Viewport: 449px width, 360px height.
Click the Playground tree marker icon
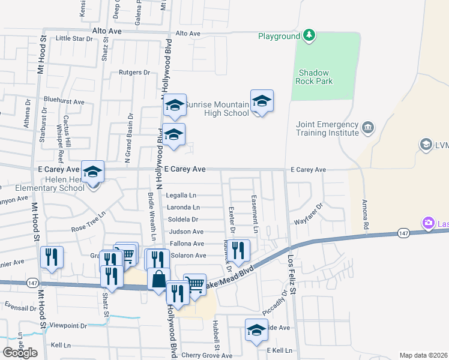(309, 36)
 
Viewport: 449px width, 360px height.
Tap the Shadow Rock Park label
(315, 77)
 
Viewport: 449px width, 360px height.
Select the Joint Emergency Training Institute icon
(367, 127)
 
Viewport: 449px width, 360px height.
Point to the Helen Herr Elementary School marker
(93, 172)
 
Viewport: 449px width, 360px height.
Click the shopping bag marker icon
(158, 280)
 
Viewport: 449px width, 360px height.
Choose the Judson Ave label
(186, 232)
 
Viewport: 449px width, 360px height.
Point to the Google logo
(20, 352)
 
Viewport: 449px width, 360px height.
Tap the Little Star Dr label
(75, 38)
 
